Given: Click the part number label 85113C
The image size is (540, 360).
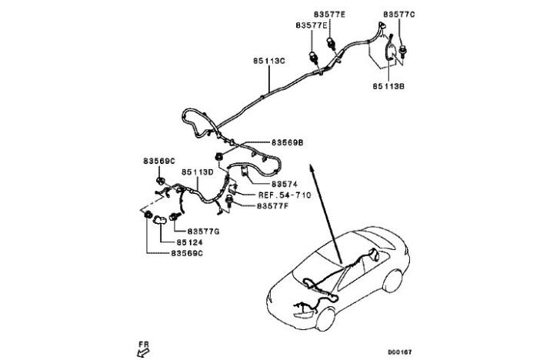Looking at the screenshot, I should (269, 59).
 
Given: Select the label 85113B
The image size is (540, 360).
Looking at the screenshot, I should (388, 86).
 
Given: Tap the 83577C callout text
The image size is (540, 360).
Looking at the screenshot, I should (398, 14).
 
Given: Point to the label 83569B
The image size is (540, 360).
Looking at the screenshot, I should (287, 142).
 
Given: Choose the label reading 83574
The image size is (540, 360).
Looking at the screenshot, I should (283, 185).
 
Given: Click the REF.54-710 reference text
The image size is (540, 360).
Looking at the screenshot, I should (284, 196).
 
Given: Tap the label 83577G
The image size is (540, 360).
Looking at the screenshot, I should (203, 231).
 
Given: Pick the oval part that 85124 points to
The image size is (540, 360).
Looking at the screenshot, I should (162, 220).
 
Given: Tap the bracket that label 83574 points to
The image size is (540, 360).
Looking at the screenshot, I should (242, 172).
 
